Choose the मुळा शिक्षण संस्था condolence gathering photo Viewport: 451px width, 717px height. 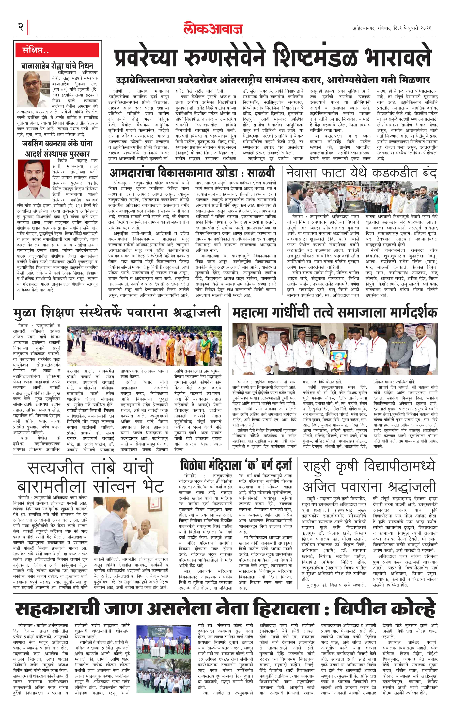point(144,345)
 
